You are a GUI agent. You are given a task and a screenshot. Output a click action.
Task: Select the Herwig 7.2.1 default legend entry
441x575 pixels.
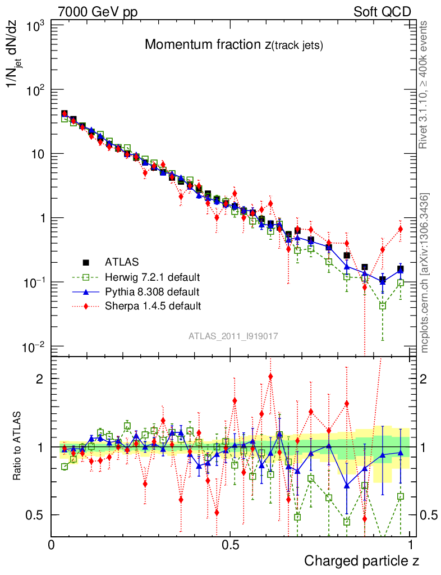coord(152,277)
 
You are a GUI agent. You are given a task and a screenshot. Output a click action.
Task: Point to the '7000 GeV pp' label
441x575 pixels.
coord(98,12)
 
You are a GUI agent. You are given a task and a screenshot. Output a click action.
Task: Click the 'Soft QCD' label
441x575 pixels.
coord(382,12)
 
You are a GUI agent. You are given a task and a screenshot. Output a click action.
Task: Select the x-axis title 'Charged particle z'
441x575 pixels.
coord(361,560)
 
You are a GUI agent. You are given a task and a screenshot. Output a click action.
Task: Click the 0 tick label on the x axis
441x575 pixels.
coord(52,545)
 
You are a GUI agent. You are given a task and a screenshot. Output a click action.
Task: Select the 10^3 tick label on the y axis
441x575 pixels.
coord(35,25)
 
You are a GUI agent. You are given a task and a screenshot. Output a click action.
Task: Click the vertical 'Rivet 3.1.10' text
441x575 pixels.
coord(425,84)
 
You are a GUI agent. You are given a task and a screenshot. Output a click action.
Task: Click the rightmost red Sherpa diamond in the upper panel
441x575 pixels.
coord(401,229)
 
